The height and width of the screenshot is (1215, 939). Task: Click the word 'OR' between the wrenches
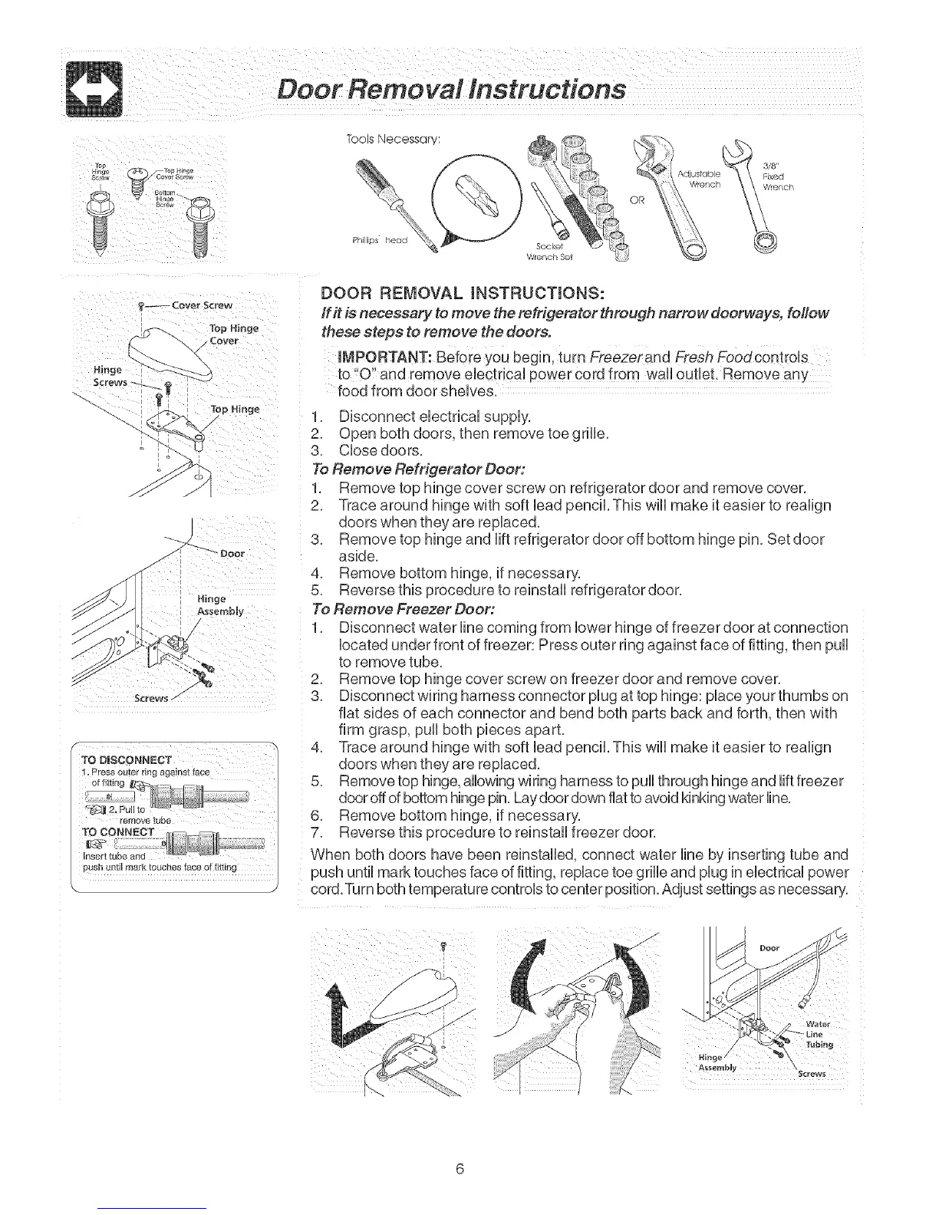pyautogui.click(x=636, y=201)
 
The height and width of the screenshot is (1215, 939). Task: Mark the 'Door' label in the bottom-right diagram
pyautogui.click(x=769, y=947)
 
